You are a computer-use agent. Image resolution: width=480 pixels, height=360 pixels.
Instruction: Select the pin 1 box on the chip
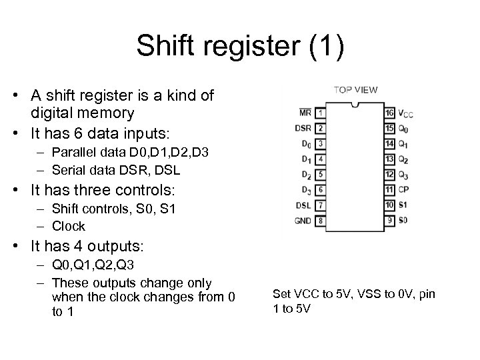pyautogui.click(x=321, y=112)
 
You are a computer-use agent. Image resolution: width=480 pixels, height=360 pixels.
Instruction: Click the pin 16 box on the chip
pyautogui.click(x=389, y=112)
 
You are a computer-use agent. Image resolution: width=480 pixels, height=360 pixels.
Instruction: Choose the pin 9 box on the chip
pyautogui.click(x=389, y=220)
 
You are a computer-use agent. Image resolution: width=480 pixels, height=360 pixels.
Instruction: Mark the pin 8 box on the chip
pyautogui.click(x=321, y=220)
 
